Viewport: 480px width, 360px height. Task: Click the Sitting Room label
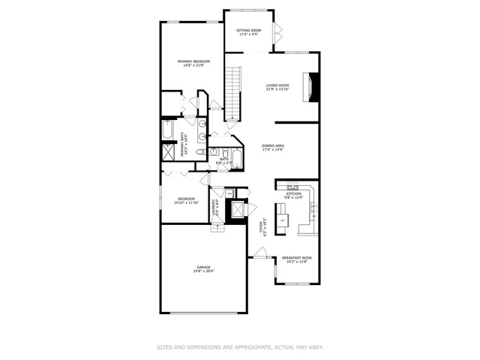click(249, 30)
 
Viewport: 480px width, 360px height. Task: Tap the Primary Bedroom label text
click(193, 61)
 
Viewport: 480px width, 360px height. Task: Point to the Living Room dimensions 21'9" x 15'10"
click(277, 89)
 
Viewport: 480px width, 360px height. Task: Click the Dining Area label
click(272, 145)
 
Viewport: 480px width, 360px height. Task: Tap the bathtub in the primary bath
click(168, 133)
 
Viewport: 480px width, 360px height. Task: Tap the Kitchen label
click(293, 193)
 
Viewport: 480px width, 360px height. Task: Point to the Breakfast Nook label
click(296, 258)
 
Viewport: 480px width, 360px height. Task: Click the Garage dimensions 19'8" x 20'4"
click(203, 271)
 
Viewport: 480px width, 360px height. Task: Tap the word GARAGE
click(203, 267)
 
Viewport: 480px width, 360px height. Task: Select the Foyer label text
click(261, 226)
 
